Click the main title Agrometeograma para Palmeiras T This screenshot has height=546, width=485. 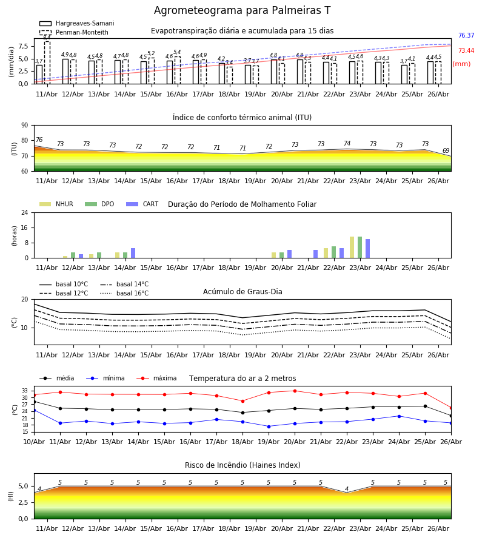tap(242, 10)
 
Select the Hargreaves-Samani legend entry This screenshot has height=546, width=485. tap(77, 23)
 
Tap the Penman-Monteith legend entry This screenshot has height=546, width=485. tap(74, 32)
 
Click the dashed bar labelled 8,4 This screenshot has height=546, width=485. tap(47, 62)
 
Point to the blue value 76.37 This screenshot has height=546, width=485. tap(466, 36)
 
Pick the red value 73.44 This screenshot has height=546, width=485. tap(466, 51)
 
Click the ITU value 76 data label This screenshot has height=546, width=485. tap(39, 140)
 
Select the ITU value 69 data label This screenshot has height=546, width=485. tap(446, 150)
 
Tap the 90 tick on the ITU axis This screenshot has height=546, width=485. tap(25, 126)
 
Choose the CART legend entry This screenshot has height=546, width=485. tap(142, 204)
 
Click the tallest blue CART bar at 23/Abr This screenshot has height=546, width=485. tap(368, 249)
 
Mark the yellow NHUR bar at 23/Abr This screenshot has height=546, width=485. tap(352, 248)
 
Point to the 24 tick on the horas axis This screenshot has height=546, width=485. tap(25, 212)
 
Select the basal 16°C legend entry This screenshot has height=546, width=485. tap(124, 293)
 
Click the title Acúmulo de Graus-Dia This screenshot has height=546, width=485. tap(242, 292)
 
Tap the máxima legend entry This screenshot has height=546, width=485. tap(156, 378)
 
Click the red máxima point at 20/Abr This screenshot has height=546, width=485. tap(295, 391)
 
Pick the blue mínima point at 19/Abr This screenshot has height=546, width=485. tap(269, 426)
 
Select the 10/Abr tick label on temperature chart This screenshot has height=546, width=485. tap(34, 442)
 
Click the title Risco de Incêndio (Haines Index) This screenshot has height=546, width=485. tap(242, 465)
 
